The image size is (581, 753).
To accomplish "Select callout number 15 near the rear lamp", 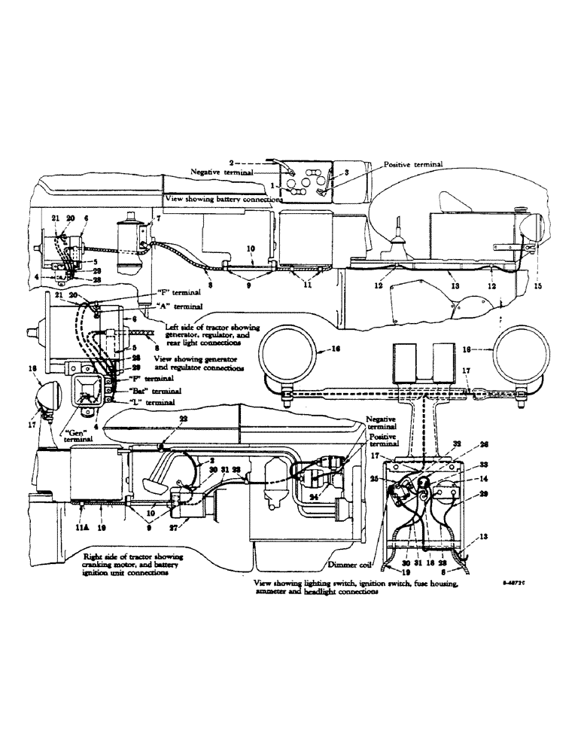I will tap(536, 286).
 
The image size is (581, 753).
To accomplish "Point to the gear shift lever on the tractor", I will tap(397, 241).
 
